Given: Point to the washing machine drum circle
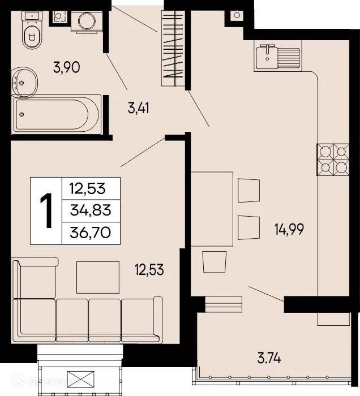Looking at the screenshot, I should [87, 22].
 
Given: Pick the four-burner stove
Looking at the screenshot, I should [333, 159].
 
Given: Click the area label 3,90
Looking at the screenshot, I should [66, 68].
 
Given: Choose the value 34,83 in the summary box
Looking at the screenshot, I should [91, 210].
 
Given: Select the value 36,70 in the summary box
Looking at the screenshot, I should [91, 231].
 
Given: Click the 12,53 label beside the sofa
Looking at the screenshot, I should [149, 270].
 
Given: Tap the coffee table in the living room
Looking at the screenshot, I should [98, 277].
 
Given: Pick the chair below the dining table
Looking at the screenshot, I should [213, 263].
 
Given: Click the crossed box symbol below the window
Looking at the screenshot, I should [79, 378].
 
